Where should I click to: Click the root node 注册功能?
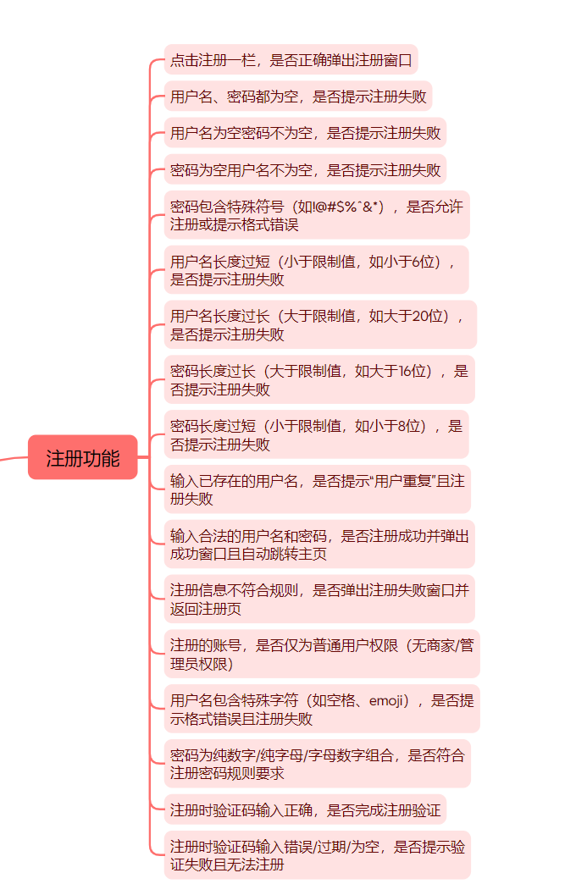[x=83, y=458]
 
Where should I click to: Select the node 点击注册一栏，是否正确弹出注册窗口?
[x=291, y=60]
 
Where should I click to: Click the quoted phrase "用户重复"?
[x=415, y=481]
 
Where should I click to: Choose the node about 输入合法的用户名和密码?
[x=319, y=544]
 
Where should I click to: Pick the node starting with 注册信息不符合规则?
[x=319, y=599]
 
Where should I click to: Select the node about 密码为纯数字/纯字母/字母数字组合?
[x=317, y=764]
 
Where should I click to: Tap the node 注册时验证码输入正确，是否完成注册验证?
[x=305, y=810]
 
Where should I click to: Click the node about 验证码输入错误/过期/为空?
[x=317, y=855]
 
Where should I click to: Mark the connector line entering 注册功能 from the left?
[x=13, y=460]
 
